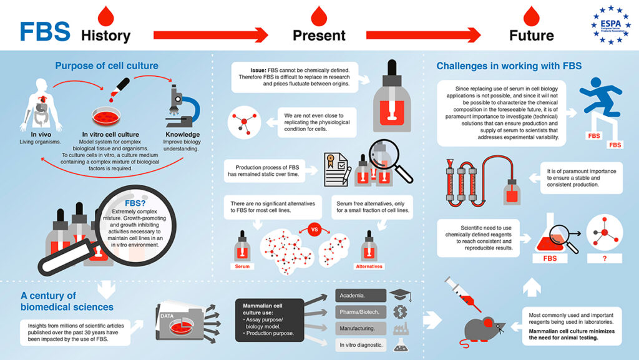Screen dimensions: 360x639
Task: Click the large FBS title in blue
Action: (x=44, y=32)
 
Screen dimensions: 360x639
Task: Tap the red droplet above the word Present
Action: (x=319, y=12)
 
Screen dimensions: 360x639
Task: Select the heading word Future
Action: (x=531, y=36)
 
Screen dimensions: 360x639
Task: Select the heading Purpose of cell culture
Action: (x=106, y=66)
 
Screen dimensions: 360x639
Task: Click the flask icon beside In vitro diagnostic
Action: (x=398, y=344)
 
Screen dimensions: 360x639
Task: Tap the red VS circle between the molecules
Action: (x=315, y=229)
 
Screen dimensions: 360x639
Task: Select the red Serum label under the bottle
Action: (x=243, y=266)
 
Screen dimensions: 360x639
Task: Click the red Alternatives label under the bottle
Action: (x=369, y=266)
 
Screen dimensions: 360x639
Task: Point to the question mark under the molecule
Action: (x=604, y=258)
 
